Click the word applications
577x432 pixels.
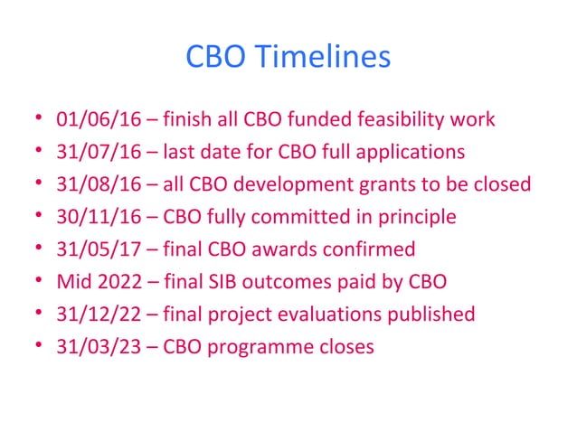(414, 152)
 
